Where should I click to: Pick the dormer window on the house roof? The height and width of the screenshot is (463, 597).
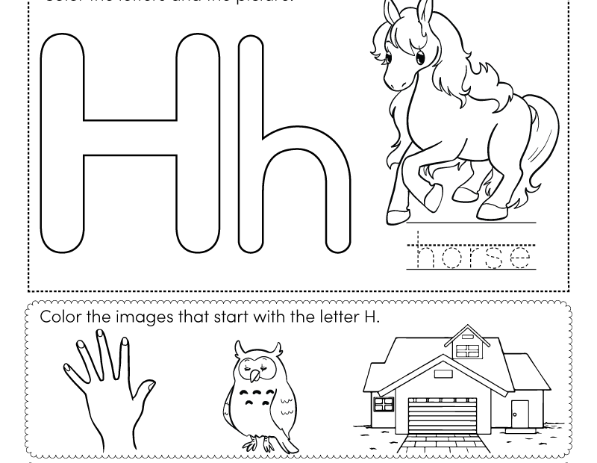tap(467, 349)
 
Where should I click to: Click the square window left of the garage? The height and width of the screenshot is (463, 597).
tap(383, 404)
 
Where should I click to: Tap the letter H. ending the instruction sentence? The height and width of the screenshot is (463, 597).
tap(371, 316)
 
